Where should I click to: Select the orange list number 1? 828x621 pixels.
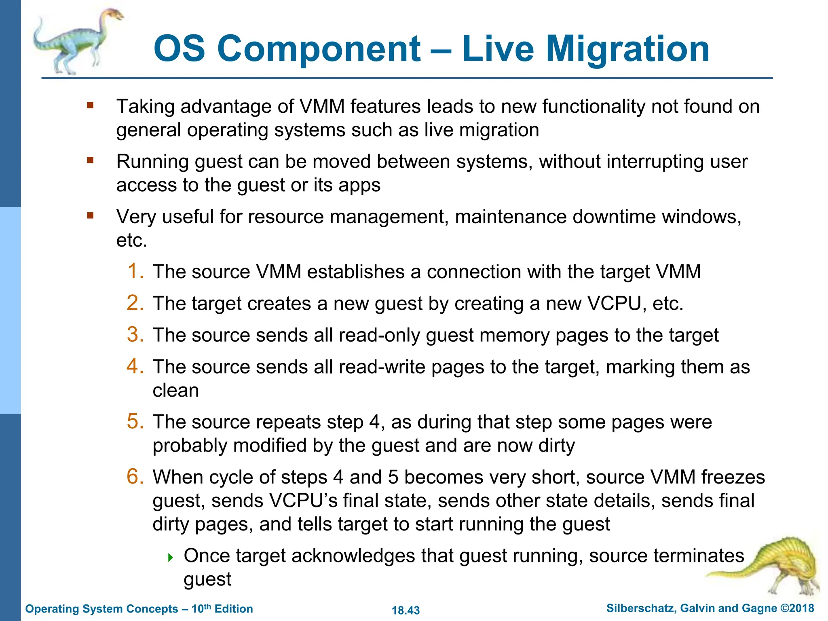pyautogui.click(x=135, y=271)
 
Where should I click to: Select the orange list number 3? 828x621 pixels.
pyautogui.click(x=135, y=335)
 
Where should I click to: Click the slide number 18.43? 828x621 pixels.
pyautogui.click(x=406, y=610)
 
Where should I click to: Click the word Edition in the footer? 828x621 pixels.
pyautogui.click(x=234, y=609)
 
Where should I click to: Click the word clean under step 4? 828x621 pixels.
pyautogui.click(x=175, y=391)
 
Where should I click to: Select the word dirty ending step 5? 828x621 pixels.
pyautogui.click(x=556, y=446)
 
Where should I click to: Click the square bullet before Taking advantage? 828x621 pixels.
pyautogui.click(x=90, y=106)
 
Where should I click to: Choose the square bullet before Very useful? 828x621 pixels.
pyautogui.click(x=90, y=216)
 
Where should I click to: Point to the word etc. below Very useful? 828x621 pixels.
pyautogui.click(x=131, y=241)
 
